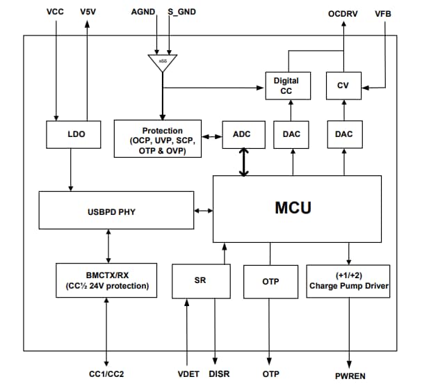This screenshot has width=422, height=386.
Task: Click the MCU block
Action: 297,208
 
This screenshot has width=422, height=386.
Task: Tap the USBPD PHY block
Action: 115,211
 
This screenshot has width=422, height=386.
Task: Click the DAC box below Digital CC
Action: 292,134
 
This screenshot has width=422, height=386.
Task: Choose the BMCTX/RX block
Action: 107,280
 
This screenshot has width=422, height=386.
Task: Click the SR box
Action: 200,280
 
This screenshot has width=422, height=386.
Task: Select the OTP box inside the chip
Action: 270,281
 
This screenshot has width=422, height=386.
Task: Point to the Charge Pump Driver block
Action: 348,280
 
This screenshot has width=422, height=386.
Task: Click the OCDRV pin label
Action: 343,13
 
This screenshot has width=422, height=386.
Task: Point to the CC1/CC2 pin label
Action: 106,374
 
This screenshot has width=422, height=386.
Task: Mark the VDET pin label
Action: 188,374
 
